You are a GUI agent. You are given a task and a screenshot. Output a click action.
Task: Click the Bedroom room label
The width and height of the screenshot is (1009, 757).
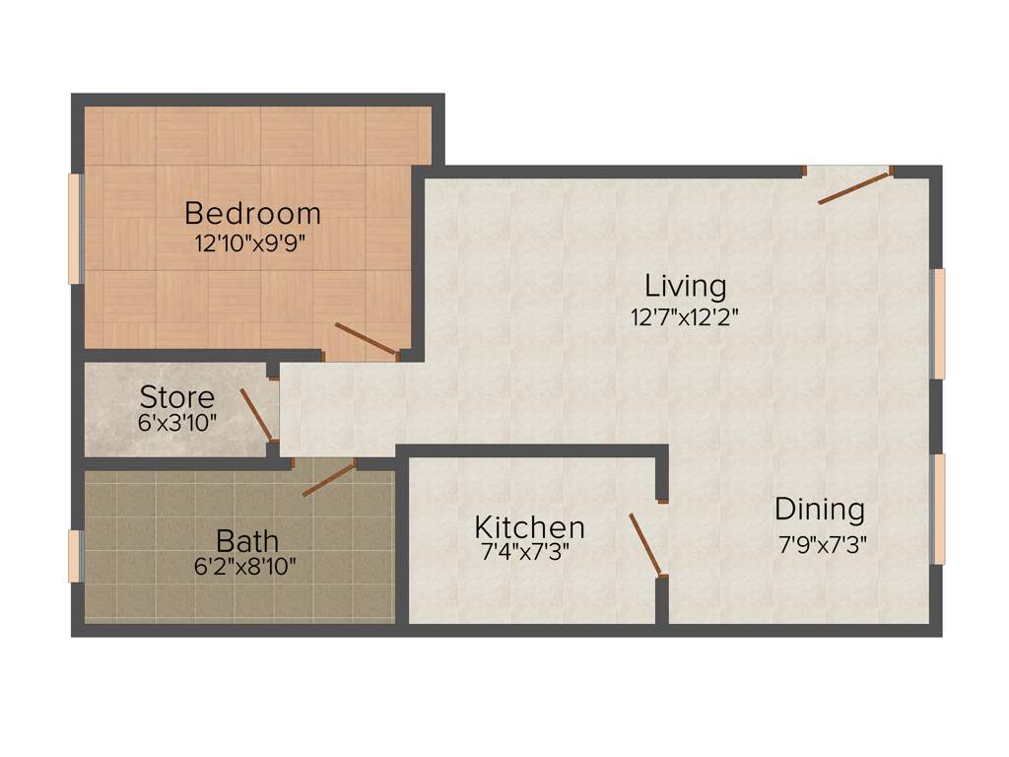tap(252, 213)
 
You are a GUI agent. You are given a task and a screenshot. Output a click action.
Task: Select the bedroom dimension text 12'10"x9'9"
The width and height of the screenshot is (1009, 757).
tap(252, 244)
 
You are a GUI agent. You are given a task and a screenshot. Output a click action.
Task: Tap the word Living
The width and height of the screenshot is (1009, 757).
tap(686, 287)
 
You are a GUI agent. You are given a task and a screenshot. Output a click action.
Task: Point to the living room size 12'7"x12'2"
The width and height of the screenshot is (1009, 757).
tap(686, 317)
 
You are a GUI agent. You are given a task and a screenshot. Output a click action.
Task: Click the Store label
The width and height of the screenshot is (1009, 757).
tap(177, 398)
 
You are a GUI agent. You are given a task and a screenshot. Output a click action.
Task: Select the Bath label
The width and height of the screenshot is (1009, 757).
tap(247, 541)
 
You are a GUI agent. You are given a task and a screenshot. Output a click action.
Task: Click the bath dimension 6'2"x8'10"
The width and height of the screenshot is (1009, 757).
tap(247, 567)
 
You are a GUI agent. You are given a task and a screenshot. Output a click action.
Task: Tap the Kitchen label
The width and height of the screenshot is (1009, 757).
tap(530, 526)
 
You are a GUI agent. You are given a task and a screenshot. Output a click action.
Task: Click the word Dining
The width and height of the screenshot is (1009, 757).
tap(820, 510)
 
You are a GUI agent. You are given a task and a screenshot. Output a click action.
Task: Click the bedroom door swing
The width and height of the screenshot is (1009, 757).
tap(367, 339)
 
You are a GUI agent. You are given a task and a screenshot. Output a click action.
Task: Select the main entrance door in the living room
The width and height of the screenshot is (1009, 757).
tap(854, 187)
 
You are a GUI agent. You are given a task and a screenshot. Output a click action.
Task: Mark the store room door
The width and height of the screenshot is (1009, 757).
tap(256, 414)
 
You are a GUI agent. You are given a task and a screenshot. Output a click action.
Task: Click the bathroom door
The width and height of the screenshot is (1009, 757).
tap(329, 479)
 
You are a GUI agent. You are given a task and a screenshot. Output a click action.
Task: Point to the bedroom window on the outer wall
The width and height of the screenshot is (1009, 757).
tap(74, 229)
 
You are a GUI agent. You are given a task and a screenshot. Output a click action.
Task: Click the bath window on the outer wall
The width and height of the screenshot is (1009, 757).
tap(74, 556)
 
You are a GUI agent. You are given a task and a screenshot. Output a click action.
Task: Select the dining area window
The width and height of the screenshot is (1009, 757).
tap(939, 509)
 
